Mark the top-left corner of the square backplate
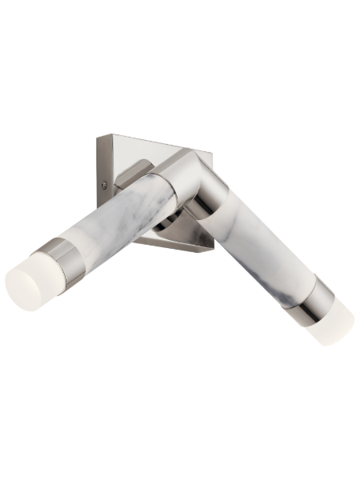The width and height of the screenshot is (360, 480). coord(99,138)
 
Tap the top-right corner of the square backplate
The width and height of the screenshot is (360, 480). coord(186,150)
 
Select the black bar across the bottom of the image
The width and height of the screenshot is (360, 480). coord(180,450)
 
